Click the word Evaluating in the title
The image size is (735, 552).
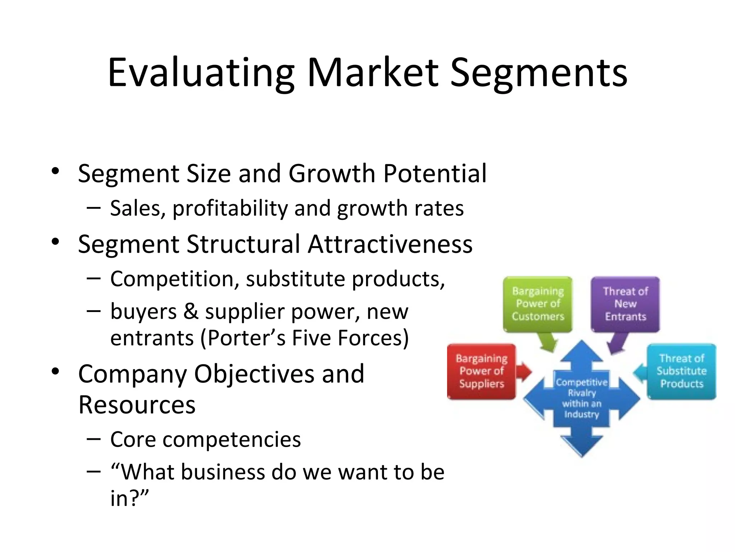(201, 73)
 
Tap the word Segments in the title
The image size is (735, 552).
(538, 73)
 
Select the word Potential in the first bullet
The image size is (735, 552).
(435, 174)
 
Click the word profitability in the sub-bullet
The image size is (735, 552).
(230, 208)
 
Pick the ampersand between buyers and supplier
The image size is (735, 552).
(191, 311)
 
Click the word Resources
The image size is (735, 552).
(137, 405)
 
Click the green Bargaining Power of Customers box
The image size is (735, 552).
(538, 304)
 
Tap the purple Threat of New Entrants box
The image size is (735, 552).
(625, 304)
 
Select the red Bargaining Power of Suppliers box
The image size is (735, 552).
(481, 371)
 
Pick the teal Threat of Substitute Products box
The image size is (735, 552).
(681, 371)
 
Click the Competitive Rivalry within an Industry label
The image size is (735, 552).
(581, 398)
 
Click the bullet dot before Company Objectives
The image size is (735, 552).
(55, 371)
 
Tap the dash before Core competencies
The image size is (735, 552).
(93, 439)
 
